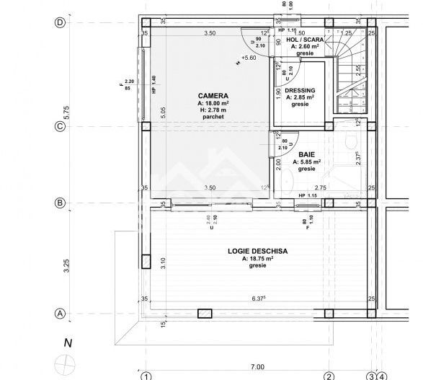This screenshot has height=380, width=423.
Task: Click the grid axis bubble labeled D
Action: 61,22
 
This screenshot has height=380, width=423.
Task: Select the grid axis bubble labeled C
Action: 61,127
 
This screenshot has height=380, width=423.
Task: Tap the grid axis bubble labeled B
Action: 61,203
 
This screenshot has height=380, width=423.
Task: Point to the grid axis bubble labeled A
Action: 61,314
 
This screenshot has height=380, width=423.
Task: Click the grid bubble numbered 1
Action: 145,376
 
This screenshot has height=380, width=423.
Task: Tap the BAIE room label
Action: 306,154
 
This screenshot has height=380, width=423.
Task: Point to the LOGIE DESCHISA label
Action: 258,250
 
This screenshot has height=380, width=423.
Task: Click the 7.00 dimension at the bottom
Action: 236,367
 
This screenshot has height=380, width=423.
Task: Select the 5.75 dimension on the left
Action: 66,112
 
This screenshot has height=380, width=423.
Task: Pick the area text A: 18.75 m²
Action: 258,258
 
